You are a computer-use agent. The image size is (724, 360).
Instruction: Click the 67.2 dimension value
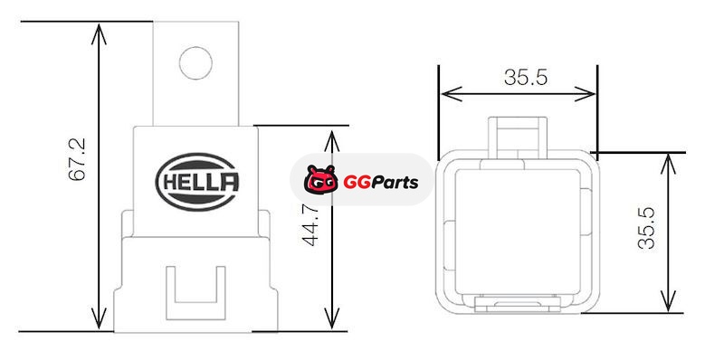pos(77,159)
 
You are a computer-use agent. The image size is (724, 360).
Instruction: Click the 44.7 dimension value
pos(310,226)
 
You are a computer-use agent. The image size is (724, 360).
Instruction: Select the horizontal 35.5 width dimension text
pos(526,77)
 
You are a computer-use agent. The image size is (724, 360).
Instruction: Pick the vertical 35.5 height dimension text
pos(646,229)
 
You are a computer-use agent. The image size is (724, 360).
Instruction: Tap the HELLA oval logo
pos(197,182)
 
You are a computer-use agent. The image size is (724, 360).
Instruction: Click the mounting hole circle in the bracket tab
pos(195,62)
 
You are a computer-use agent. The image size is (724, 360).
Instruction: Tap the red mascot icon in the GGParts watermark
pos(320,180)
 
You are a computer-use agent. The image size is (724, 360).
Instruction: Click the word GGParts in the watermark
pos(380,183)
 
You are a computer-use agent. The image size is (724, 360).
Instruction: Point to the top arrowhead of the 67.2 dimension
pos(99,34)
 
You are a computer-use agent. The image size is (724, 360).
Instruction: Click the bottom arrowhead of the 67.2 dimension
pos(99,319)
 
